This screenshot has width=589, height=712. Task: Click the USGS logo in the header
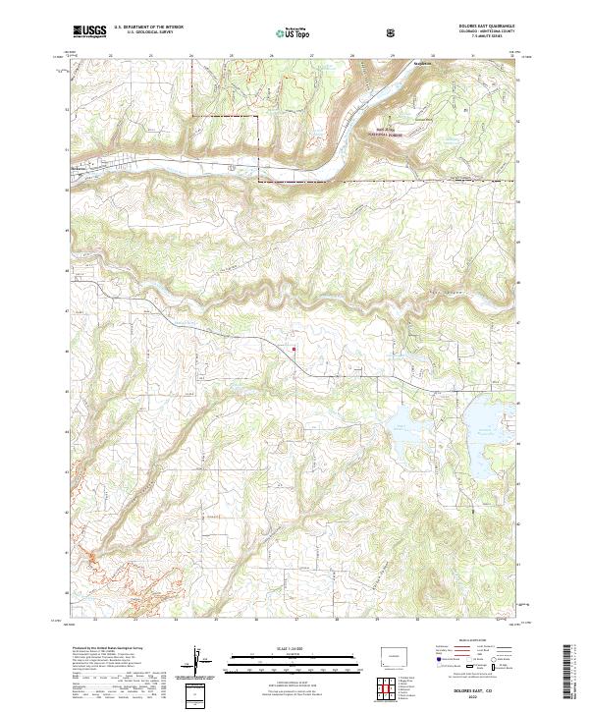click(x=89, y=31)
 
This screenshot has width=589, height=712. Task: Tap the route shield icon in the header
click(x=392, y=32)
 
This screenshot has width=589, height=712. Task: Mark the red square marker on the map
click(x=294, y=349)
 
